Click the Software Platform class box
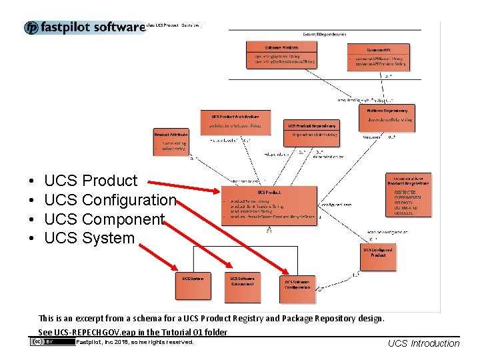[281, 55]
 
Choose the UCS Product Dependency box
[313, 131]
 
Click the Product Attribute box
[171, 142]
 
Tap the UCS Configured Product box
[378, 257]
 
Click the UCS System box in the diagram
[193, 285]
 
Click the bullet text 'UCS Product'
[91, 181]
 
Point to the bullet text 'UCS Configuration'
[110, 200]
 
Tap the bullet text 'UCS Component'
[104, 219]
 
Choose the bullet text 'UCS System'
[89, 238]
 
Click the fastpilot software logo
[85, 27]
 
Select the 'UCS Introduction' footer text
[423, 343]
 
